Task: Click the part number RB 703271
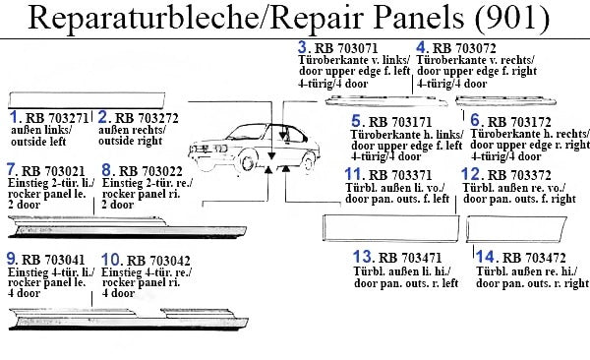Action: coord(57,118)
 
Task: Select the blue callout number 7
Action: coord(11,170)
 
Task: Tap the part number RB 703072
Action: coord(464,48)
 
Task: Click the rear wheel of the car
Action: coord(308,161)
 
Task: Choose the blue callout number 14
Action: coord(485,257)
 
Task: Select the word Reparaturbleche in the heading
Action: coord(143,18)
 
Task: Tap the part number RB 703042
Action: coord(158,261)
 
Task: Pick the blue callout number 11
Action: coord(354,174)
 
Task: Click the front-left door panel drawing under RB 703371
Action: coord(391,228)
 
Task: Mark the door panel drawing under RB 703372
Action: coord(516,228)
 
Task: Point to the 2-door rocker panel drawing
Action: coord(127,227)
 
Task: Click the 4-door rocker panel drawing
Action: coord(128,320)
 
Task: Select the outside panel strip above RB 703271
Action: coord(87,100)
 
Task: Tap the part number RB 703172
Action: coord(519,122)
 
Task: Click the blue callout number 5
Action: coord(356,121)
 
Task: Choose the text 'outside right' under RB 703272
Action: coord(130,141)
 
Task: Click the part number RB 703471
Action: coord(410,258)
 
